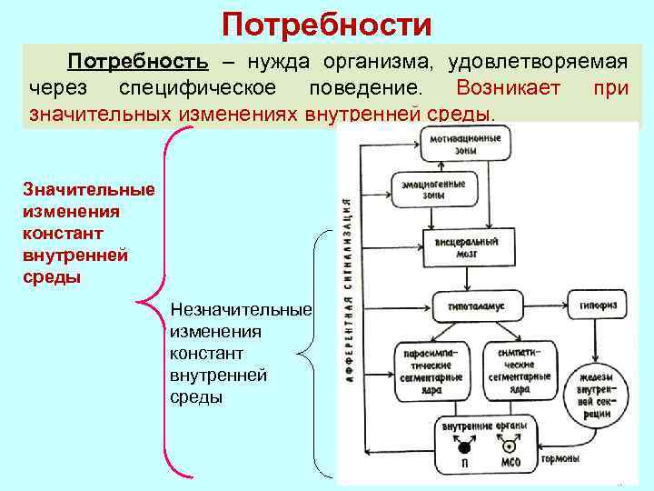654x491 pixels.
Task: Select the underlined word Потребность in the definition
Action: coord(139,63)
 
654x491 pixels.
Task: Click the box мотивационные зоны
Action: coord(465,144)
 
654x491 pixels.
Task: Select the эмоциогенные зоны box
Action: coord(434,189)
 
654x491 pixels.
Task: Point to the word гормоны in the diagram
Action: coord(564,458)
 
